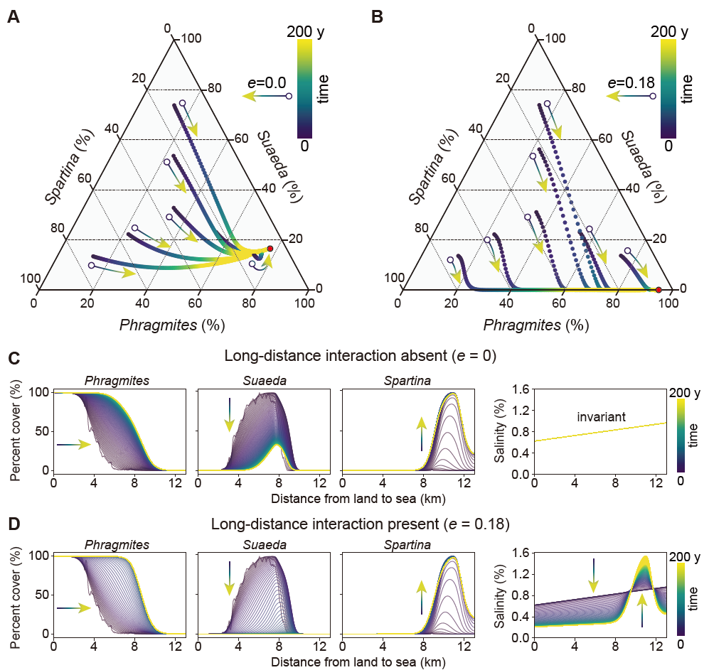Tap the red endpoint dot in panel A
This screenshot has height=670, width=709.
click(x=270, y=249)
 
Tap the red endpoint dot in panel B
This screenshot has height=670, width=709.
click(x=659, y=290)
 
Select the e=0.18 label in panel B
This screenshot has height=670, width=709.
click(x=630, y=83)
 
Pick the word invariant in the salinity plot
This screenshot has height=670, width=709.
click(x=601, y=418)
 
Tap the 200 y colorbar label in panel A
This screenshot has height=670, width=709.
click(x=310, y=32)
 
